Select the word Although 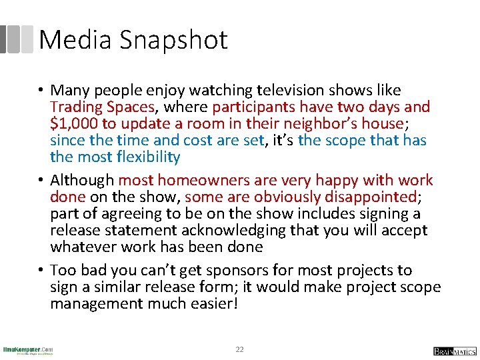(82, 181)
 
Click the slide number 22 (240, 349)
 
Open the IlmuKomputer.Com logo (28, 350)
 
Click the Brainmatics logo (453, 351)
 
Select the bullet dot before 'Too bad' (41, 271)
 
